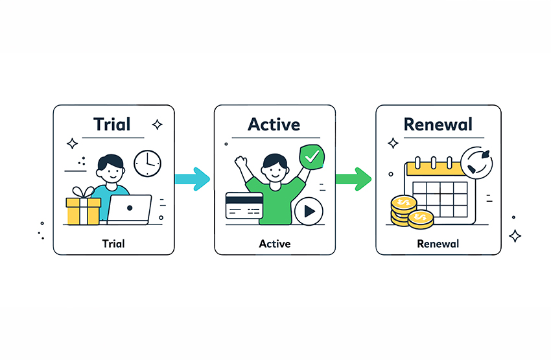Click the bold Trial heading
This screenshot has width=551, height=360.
(111, 124)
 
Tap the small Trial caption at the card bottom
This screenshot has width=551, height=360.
(113, 244)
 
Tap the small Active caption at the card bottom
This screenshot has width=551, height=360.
(275, 244)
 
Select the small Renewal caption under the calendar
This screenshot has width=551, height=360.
(438, 244)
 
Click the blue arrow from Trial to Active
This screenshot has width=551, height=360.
(193, 176)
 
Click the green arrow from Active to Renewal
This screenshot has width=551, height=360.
(353, 176)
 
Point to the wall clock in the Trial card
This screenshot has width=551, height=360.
(147, 163)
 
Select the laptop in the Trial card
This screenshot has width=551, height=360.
(129, 209)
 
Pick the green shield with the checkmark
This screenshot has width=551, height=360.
(312, 157)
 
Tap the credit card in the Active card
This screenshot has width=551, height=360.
(242, 206)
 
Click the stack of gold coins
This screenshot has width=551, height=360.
(408, 213)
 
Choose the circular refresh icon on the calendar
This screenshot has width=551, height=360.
(478, 164)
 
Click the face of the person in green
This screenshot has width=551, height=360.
(275, 170)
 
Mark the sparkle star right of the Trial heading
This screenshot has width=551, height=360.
(156, 125)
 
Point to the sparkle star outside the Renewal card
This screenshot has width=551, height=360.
(515, 235)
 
